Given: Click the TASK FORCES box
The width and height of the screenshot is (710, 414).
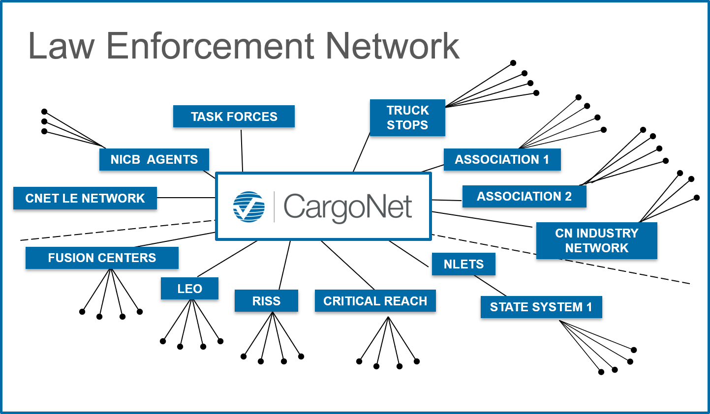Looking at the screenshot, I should point(234,117).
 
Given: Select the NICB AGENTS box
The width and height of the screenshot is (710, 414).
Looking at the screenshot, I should point(154,160).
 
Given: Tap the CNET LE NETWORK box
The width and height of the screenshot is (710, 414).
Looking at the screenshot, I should point(85,198).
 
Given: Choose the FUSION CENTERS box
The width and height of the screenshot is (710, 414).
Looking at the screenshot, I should point(102,258).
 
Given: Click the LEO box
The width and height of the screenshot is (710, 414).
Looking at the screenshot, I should point(189,289).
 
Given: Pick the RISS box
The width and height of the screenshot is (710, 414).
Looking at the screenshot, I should point(266,301).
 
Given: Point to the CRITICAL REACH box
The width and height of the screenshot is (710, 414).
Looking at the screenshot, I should point(375,301).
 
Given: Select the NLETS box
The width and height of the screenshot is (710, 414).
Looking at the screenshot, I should point(463,264).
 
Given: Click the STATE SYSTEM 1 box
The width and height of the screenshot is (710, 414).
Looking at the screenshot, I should point(541,307).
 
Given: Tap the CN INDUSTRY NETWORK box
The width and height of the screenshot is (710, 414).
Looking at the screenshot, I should point(596,240).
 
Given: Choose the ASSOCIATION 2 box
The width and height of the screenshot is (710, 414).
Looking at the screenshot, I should point(524,196).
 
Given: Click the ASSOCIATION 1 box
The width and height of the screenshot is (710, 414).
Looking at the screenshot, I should point(502,160).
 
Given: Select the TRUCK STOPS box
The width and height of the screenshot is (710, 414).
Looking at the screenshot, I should point(407,118).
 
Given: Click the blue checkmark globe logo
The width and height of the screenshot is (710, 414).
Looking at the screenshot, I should point(249,207).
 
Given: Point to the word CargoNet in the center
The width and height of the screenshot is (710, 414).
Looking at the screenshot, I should point(347,207).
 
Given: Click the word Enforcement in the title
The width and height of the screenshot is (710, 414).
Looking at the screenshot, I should point(211,46).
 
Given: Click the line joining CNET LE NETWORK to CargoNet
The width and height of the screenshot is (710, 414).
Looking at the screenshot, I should point(186,198).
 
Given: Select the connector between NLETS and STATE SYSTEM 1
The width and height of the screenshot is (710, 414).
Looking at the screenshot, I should point(490,286).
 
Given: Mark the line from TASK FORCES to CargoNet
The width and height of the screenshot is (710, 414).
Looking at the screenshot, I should point(242,150).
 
